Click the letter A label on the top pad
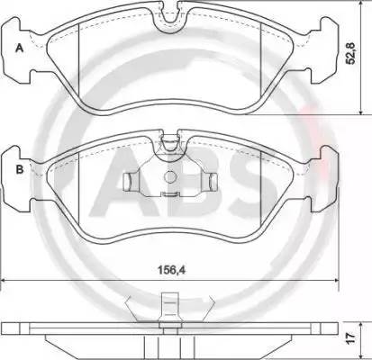pos(20,48)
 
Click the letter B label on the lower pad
pos(20,169)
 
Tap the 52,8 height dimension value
pos(350,53)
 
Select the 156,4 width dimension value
pos(172,270)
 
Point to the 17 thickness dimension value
pos(350,338)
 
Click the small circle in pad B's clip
pos(170,176)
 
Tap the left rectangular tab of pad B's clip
pos(128,182)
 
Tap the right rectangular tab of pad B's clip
pos(213,182)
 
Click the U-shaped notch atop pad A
pos(168,18)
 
